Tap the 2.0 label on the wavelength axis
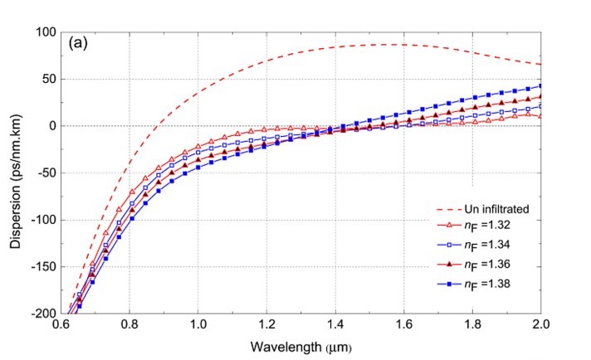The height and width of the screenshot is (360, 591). pos(540,326)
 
